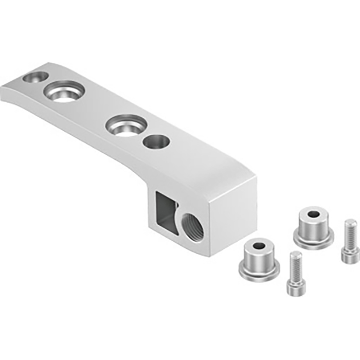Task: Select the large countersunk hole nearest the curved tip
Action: (64, 93)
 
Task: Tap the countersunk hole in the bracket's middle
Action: (125, 124)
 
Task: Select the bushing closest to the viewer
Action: (259, 261)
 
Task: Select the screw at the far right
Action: (350, 242)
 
